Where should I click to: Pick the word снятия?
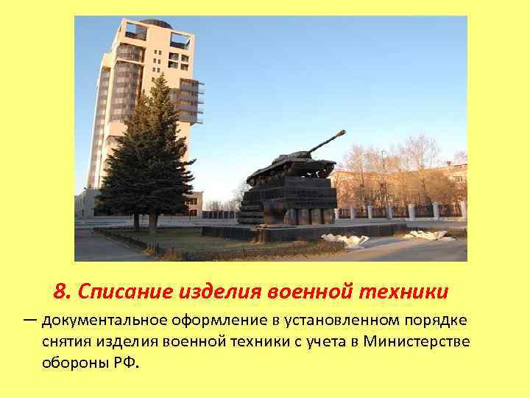[x=65, y=342]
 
